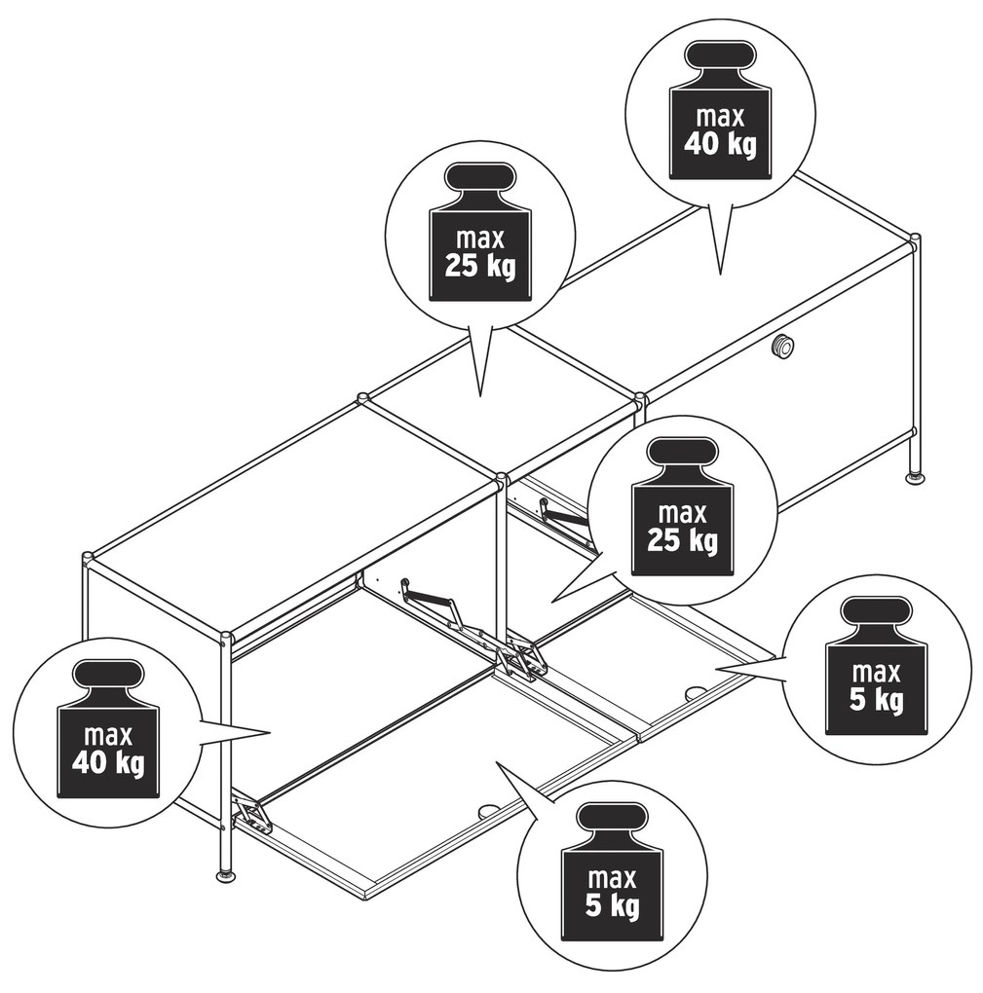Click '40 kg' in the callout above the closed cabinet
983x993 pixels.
[x=720, y=145]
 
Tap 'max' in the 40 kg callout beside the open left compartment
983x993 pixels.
[x=108, y=736]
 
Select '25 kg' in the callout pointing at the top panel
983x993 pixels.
[x=480, y=267]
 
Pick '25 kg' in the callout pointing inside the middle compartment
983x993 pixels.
[x=683, y=541]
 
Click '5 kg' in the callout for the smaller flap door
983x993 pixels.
[x=877, y=700]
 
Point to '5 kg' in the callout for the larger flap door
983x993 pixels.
[x=612, y=906]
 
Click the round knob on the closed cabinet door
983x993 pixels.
[x=782, y=347]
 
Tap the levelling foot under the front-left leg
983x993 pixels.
[x=226, y=876]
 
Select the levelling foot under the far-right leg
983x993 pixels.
[x=913, y=478]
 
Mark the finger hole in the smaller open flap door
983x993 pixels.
[x=696, y=693]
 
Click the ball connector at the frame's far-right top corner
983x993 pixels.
[x=914, y=240]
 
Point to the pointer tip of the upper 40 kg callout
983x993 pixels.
[x=720, y=275]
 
